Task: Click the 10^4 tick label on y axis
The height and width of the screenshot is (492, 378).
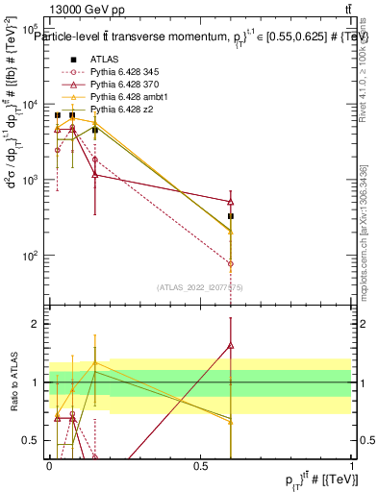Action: coord(32,105)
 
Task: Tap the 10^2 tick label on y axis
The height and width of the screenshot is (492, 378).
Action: coord(32,256)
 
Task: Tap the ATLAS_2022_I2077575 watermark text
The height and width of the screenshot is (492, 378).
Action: coord(200,287)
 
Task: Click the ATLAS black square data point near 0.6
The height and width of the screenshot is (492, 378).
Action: coord(231,216)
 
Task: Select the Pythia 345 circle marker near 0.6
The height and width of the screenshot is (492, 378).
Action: coord(231,263)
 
